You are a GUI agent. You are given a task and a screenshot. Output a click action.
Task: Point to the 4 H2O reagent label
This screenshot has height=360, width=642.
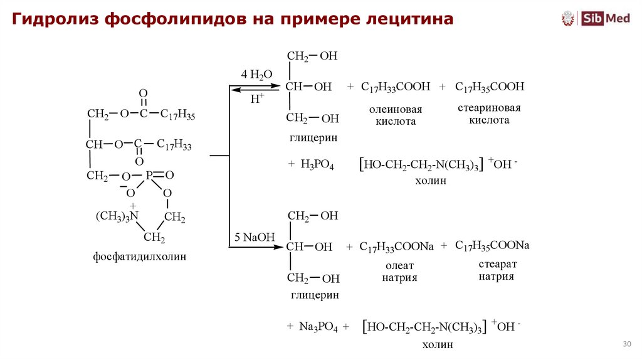[256, 75]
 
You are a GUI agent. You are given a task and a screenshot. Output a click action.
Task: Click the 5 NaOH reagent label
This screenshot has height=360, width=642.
[255, 237]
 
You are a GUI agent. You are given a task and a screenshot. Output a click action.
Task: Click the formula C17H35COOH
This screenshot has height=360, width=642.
[489, 87]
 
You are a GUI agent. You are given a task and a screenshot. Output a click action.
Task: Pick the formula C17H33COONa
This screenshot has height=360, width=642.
[396, 246]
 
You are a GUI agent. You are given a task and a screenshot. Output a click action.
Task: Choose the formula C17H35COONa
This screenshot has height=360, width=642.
[492, 245]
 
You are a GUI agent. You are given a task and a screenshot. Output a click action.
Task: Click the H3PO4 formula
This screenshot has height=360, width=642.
[317, 164]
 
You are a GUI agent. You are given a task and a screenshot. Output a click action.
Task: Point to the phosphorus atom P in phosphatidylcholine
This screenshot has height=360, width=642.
[150, 176]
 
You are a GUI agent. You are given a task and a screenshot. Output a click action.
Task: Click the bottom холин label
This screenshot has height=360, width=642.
[438, 344]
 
